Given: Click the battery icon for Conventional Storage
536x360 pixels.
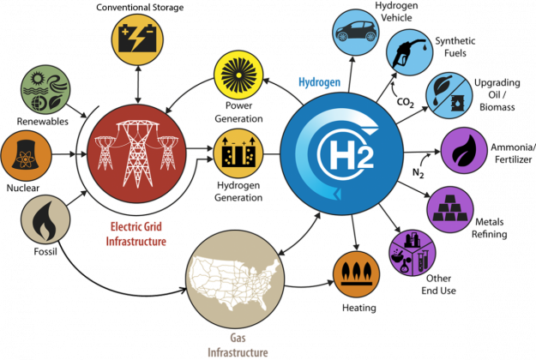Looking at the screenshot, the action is click(137, 39).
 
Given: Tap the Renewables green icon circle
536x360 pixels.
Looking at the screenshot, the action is click(45, 89).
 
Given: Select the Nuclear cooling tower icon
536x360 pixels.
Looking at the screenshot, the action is click(25, 154).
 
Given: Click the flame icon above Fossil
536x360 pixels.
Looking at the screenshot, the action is click(45, 220).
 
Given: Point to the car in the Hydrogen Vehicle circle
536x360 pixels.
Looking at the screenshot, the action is click(356, 31).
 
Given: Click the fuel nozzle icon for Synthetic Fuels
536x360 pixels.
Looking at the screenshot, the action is click(409, 53).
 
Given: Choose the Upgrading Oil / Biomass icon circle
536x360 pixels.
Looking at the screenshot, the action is click(449, 96).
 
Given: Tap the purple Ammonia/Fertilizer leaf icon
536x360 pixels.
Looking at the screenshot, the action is click(464, 150).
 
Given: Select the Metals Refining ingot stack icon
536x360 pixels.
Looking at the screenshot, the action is click(450, 208).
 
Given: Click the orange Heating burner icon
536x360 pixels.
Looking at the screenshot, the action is click(357, 273).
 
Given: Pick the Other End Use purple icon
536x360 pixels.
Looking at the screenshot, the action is click(413, 253).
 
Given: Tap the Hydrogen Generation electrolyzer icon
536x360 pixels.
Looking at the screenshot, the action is click(238, 153).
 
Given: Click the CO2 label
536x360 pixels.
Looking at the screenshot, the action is click(406, 103).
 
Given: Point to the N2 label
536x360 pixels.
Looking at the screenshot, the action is click(419, 173).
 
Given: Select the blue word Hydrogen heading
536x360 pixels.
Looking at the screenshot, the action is click(320, 82).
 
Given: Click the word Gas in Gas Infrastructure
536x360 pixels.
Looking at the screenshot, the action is click(238, 338).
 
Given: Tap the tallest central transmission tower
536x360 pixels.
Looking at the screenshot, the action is click(138, 153).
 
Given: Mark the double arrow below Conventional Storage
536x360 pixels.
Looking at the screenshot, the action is click(138, 84).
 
